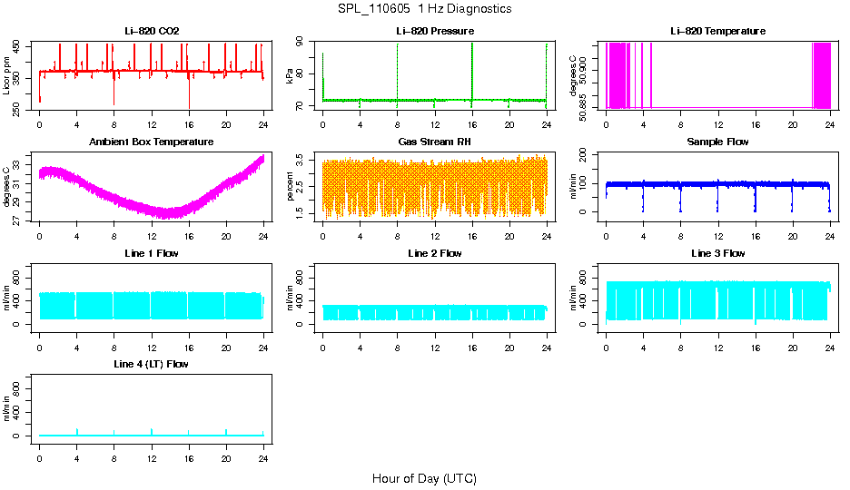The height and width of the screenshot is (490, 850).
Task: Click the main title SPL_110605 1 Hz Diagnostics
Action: [x=424, y=9]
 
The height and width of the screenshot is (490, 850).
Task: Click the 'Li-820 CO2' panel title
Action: [x=152, y=31]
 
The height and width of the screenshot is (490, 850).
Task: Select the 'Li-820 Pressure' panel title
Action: [x=435, y=31]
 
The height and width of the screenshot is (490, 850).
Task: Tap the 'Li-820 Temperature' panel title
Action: [x=717, y=31]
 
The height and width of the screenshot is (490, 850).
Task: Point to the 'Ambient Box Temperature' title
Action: [x=152, y=142]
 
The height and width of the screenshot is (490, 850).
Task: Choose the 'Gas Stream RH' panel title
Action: [x=435, y=142]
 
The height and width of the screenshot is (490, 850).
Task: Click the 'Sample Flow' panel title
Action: [x=717, y=142]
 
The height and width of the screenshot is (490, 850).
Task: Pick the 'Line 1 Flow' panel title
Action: [x=152, y=253]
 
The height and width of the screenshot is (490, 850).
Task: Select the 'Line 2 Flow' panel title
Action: [x=435, y=253]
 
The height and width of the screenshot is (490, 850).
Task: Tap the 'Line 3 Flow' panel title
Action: [x=717, y=253]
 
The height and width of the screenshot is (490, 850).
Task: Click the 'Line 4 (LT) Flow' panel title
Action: [x=152, y=364]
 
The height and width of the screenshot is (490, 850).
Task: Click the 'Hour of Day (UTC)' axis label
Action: [x=424, y=478]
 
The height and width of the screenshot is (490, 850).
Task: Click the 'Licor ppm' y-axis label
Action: [x=7, y=76]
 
